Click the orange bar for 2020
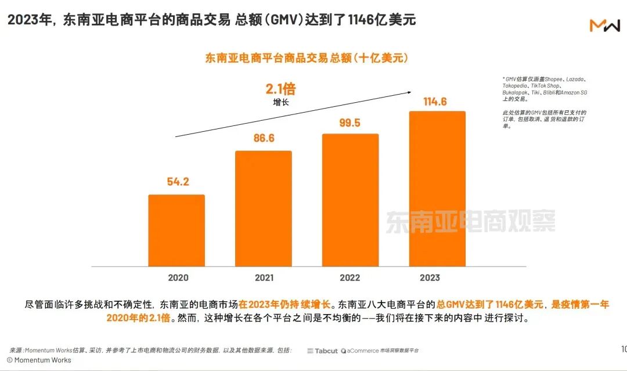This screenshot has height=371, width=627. click(176, 230)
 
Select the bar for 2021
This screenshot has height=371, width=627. click(263, 208)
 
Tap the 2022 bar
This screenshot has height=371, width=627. click(350, 200)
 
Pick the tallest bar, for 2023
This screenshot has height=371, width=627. click(437, 189)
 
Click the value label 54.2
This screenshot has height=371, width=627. click(178, 182)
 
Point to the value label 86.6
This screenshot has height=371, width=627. click(264, 139)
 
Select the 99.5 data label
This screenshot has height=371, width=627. click(351, 123)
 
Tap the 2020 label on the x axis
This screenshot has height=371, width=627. click(178, 278)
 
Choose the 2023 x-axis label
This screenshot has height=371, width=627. click(430, 278)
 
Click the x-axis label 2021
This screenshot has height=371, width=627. click(264, 278)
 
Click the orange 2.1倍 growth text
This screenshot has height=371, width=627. click(280, 89)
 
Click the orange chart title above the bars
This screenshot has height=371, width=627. click(307, 58)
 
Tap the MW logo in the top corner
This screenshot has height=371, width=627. click(604, 26)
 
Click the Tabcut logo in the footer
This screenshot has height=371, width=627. click(322, 351)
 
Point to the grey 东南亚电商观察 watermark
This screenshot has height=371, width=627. click(470, 221)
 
